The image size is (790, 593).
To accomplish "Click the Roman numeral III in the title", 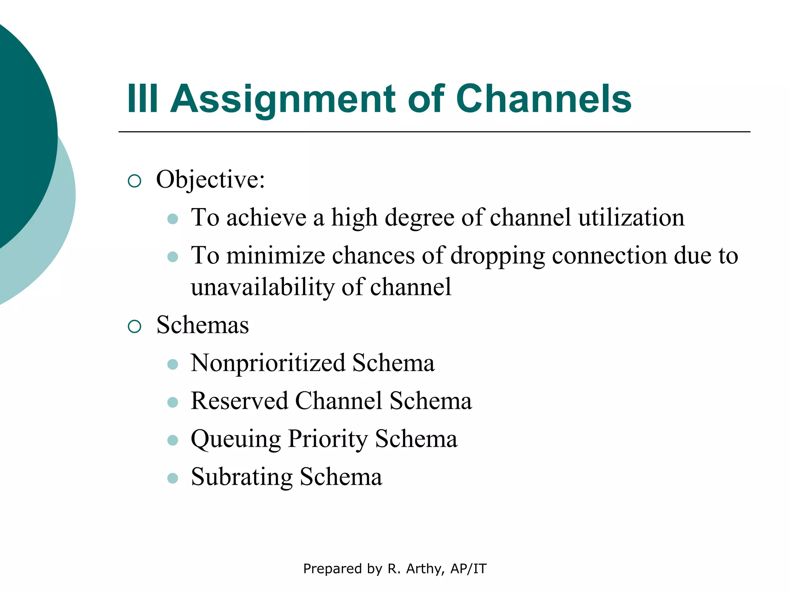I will pos(142,99).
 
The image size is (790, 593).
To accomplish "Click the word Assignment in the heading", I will pos(283,100).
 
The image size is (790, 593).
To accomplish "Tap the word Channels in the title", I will pos(544,99).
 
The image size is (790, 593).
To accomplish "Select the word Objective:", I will pos(211,180).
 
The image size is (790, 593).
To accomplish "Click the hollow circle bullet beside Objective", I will pos(134,181).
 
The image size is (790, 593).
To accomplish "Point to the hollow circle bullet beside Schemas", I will pos(134,327).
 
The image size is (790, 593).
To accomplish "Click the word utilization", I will pos(631,217).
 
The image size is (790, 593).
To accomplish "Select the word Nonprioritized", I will pos(268,363).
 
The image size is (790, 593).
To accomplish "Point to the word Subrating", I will pos(242,477).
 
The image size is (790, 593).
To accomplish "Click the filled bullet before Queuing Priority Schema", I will pos(173,440).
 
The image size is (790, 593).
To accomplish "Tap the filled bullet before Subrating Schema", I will pos(173,478).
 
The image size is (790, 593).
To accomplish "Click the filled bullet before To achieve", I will pos(173,219).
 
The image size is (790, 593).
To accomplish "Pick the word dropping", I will pos(498,256).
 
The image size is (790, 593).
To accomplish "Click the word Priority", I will pos(328,439).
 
